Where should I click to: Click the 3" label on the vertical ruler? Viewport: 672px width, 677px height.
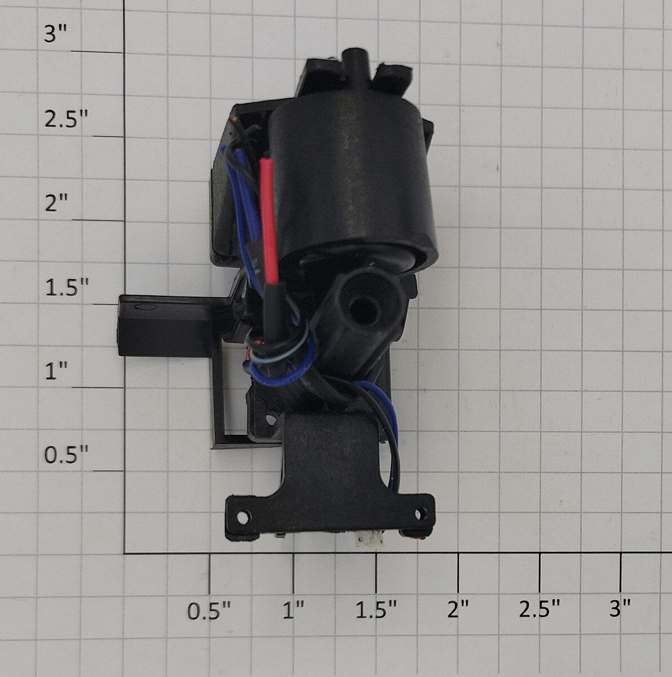(x=55, y=35)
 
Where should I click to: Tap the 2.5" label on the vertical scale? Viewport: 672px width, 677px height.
(x=65, y=119)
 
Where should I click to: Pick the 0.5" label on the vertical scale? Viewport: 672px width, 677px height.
(x=66, y=455)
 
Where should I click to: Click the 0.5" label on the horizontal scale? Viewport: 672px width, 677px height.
(x=209, y=610)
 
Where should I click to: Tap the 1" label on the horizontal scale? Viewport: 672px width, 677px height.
(x=294, y=610)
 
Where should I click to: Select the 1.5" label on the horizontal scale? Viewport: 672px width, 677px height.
(x=377, y=610)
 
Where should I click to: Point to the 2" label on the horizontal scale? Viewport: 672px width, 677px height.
(x=458, y=610)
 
